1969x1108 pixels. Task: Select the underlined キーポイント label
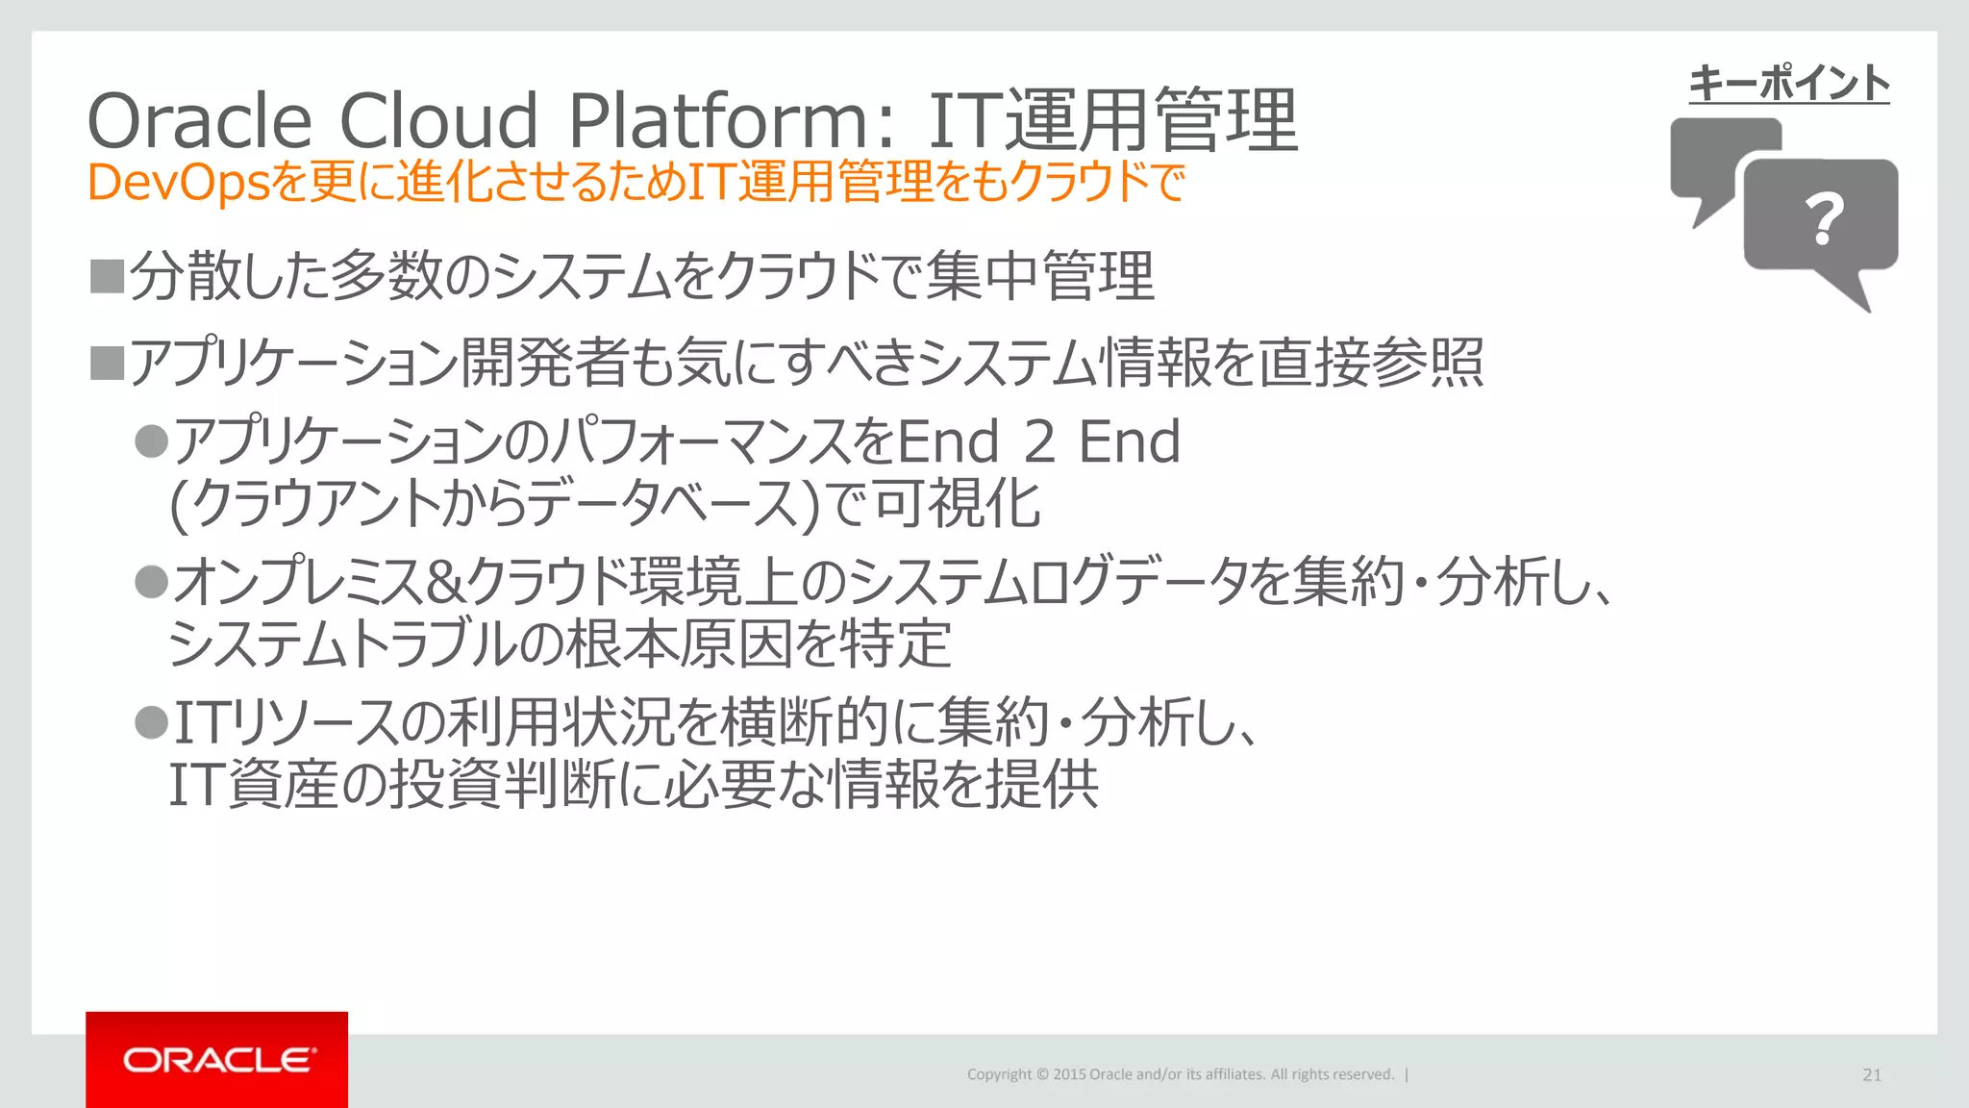1788,84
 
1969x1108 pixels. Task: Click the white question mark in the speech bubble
1824,218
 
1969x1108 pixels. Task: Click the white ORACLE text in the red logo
218,1060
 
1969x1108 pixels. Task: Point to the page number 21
1871,1075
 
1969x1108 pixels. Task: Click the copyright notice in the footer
1180,1074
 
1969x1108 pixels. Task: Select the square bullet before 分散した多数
107,276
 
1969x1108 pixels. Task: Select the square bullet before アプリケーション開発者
107,364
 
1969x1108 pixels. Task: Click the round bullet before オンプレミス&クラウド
152,581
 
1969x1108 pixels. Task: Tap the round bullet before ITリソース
152,721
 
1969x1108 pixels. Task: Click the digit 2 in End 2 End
1039,442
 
